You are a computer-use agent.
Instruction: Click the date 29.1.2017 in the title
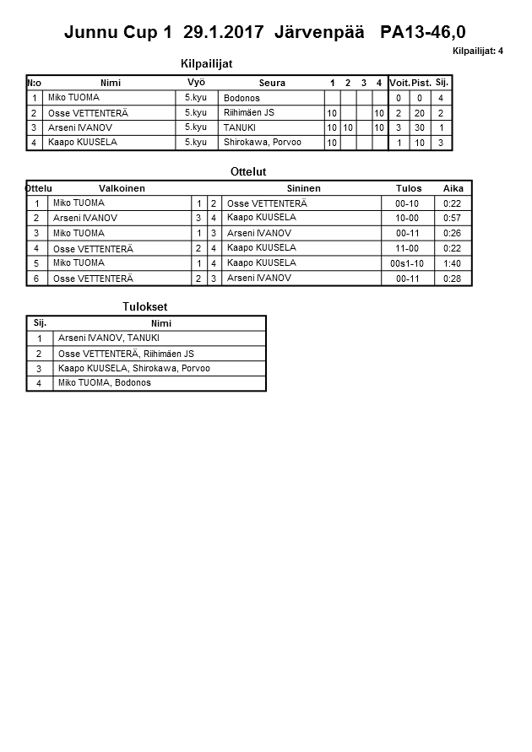[224, 33]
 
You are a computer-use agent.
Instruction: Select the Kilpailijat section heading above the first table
[206, 63]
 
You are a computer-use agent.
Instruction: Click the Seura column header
[272, 83]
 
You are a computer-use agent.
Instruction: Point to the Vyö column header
[195, 82]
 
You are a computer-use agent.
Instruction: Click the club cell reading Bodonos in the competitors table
[242, 98]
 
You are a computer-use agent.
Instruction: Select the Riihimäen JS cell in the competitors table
[248, 112]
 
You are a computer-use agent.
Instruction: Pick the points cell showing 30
[421, 127]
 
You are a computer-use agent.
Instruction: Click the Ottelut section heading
[248, 172]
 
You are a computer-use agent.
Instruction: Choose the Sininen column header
[303, 188]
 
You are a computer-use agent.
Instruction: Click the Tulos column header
[409, 188]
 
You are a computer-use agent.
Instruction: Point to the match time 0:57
[452, 218]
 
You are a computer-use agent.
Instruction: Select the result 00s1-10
[407, 263]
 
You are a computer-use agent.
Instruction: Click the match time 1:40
[452, 263]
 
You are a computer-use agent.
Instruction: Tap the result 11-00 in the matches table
[407, 248]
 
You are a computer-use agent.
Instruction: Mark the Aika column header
[453, 188]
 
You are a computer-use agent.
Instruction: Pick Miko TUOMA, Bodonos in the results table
[104, 383]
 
